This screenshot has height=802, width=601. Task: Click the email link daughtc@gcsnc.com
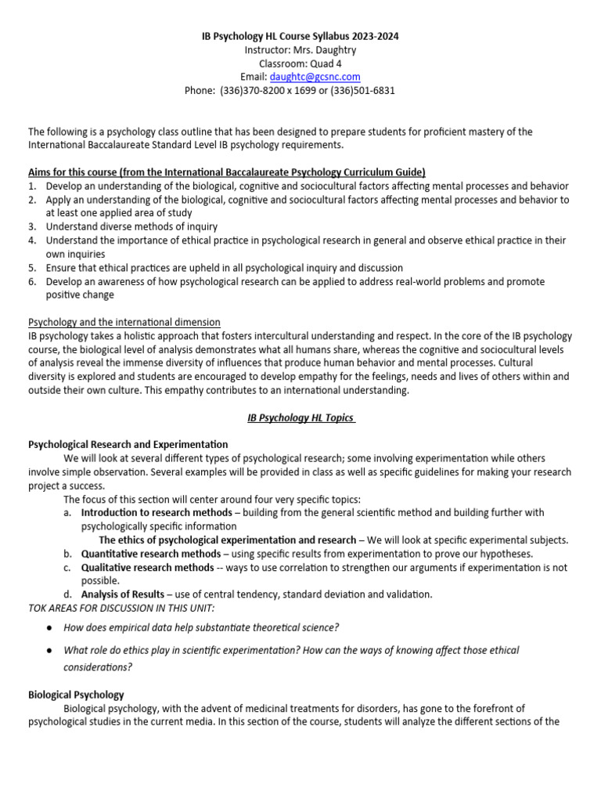pos(315,77)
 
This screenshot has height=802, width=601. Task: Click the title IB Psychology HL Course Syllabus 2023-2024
pos(300,37)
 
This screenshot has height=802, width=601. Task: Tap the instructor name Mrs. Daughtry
pos(324,50)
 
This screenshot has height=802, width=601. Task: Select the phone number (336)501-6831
pos(356,90)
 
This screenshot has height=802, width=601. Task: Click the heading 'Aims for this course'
pos(227,172)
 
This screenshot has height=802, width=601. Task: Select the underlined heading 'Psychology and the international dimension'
pos(124,323)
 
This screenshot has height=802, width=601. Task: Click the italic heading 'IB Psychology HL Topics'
pos(300,418)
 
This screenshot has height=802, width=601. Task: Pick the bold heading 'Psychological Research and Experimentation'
pos(128,445)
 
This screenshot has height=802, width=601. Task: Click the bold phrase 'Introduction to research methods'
pos(157,512)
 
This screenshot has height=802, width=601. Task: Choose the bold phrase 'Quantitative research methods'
pos(151,554)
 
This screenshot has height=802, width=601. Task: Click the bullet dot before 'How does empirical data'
pos(49,628)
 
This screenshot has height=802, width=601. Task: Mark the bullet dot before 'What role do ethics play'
pos(49,651)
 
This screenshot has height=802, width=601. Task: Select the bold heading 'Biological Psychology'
pos(76,695)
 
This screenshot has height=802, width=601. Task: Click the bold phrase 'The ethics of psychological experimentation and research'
pos(227,540)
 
